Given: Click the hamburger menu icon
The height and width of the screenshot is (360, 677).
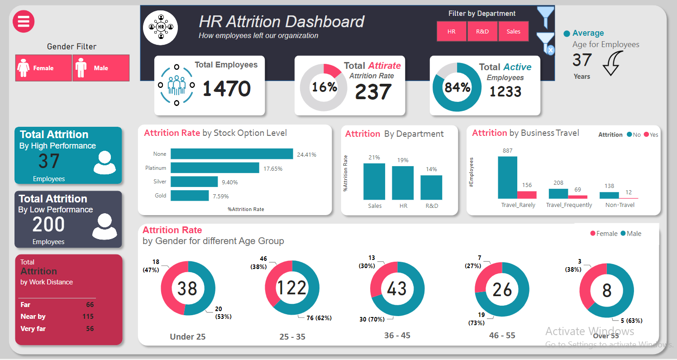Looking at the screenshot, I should [24, 21].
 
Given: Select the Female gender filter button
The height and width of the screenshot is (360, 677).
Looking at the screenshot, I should [43, 68].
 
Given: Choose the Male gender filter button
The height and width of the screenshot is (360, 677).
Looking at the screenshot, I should [101, 68].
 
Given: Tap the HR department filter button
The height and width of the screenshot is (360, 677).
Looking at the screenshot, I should [451, 32].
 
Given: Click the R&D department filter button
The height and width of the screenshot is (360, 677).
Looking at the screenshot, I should [482, 32].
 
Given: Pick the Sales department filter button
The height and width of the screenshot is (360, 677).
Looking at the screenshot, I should [513, 32].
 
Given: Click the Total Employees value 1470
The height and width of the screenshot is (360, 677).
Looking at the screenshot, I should [226, 89].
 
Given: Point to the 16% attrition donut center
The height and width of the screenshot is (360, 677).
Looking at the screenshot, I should [324, 87].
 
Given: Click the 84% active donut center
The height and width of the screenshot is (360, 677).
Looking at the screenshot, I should [457, 87].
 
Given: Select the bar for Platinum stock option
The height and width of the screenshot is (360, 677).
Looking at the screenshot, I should [215, 168].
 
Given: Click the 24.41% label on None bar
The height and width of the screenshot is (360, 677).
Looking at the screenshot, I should [306, 154].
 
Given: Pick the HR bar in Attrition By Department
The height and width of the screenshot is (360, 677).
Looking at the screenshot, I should [403, 183].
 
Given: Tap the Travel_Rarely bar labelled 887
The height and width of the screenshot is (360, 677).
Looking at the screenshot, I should [507, 177].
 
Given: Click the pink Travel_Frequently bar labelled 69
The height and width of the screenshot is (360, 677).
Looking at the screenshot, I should [577, 197].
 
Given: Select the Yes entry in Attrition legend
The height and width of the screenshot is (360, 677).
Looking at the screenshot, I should [651, 134].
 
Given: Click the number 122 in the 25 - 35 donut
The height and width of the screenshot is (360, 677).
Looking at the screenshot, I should [292, 288].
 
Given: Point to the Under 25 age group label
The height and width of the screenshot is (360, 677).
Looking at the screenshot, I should [187, 336].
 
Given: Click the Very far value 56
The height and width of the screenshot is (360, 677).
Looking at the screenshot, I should [90, 329].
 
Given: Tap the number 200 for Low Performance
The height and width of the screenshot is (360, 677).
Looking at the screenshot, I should [48, 225].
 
